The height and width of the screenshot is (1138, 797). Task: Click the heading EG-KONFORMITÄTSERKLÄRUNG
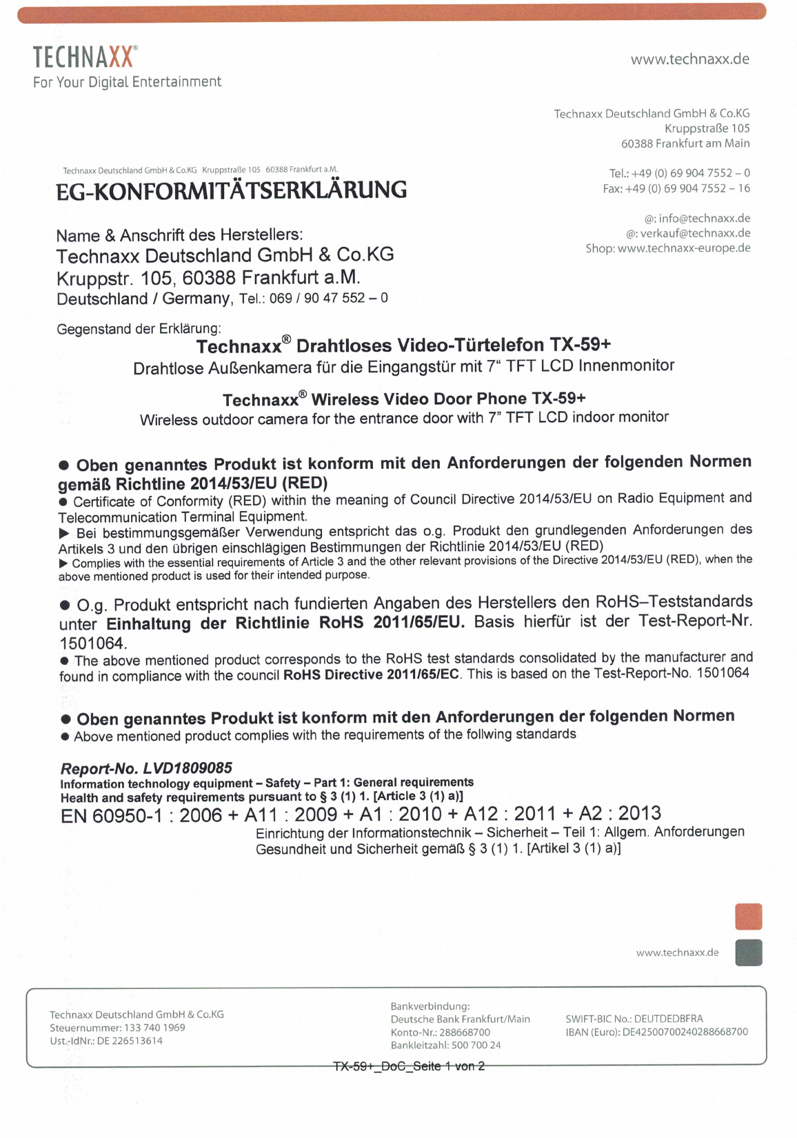[232, 190]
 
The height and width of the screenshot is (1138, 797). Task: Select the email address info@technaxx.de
[704, 219]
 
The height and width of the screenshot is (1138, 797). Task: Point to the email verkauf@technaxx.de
[695, 233]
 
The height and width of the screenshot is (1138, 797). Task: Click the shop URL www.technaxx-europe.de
[683, 248]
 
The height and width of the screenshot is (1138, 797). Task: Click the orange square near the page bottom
[748, 917]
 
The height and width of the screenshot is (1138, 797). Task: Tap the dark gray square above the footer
[748, 952]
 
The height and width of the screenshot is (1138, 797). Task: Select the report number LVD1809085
[188, 768]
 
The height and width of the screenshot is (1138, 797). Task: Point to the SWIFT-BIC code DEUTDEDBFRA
[668, 1019]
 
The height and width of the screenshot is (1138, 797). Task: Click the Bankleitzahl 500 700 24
[476, 1046]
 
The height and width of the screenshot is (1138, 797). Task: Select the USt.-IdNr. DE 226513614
[130, 1041]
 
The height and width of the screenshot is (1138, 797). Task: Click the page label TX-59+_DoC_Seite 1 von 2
[409, 1066]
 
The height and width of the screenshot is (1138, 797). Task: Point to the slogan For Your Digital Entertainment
[128, 82]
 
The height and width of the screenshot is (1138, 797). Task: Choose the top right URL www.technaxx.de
[689, 59]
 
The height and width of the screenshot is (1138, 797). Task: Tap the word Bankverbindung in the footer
[430, 1006]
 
